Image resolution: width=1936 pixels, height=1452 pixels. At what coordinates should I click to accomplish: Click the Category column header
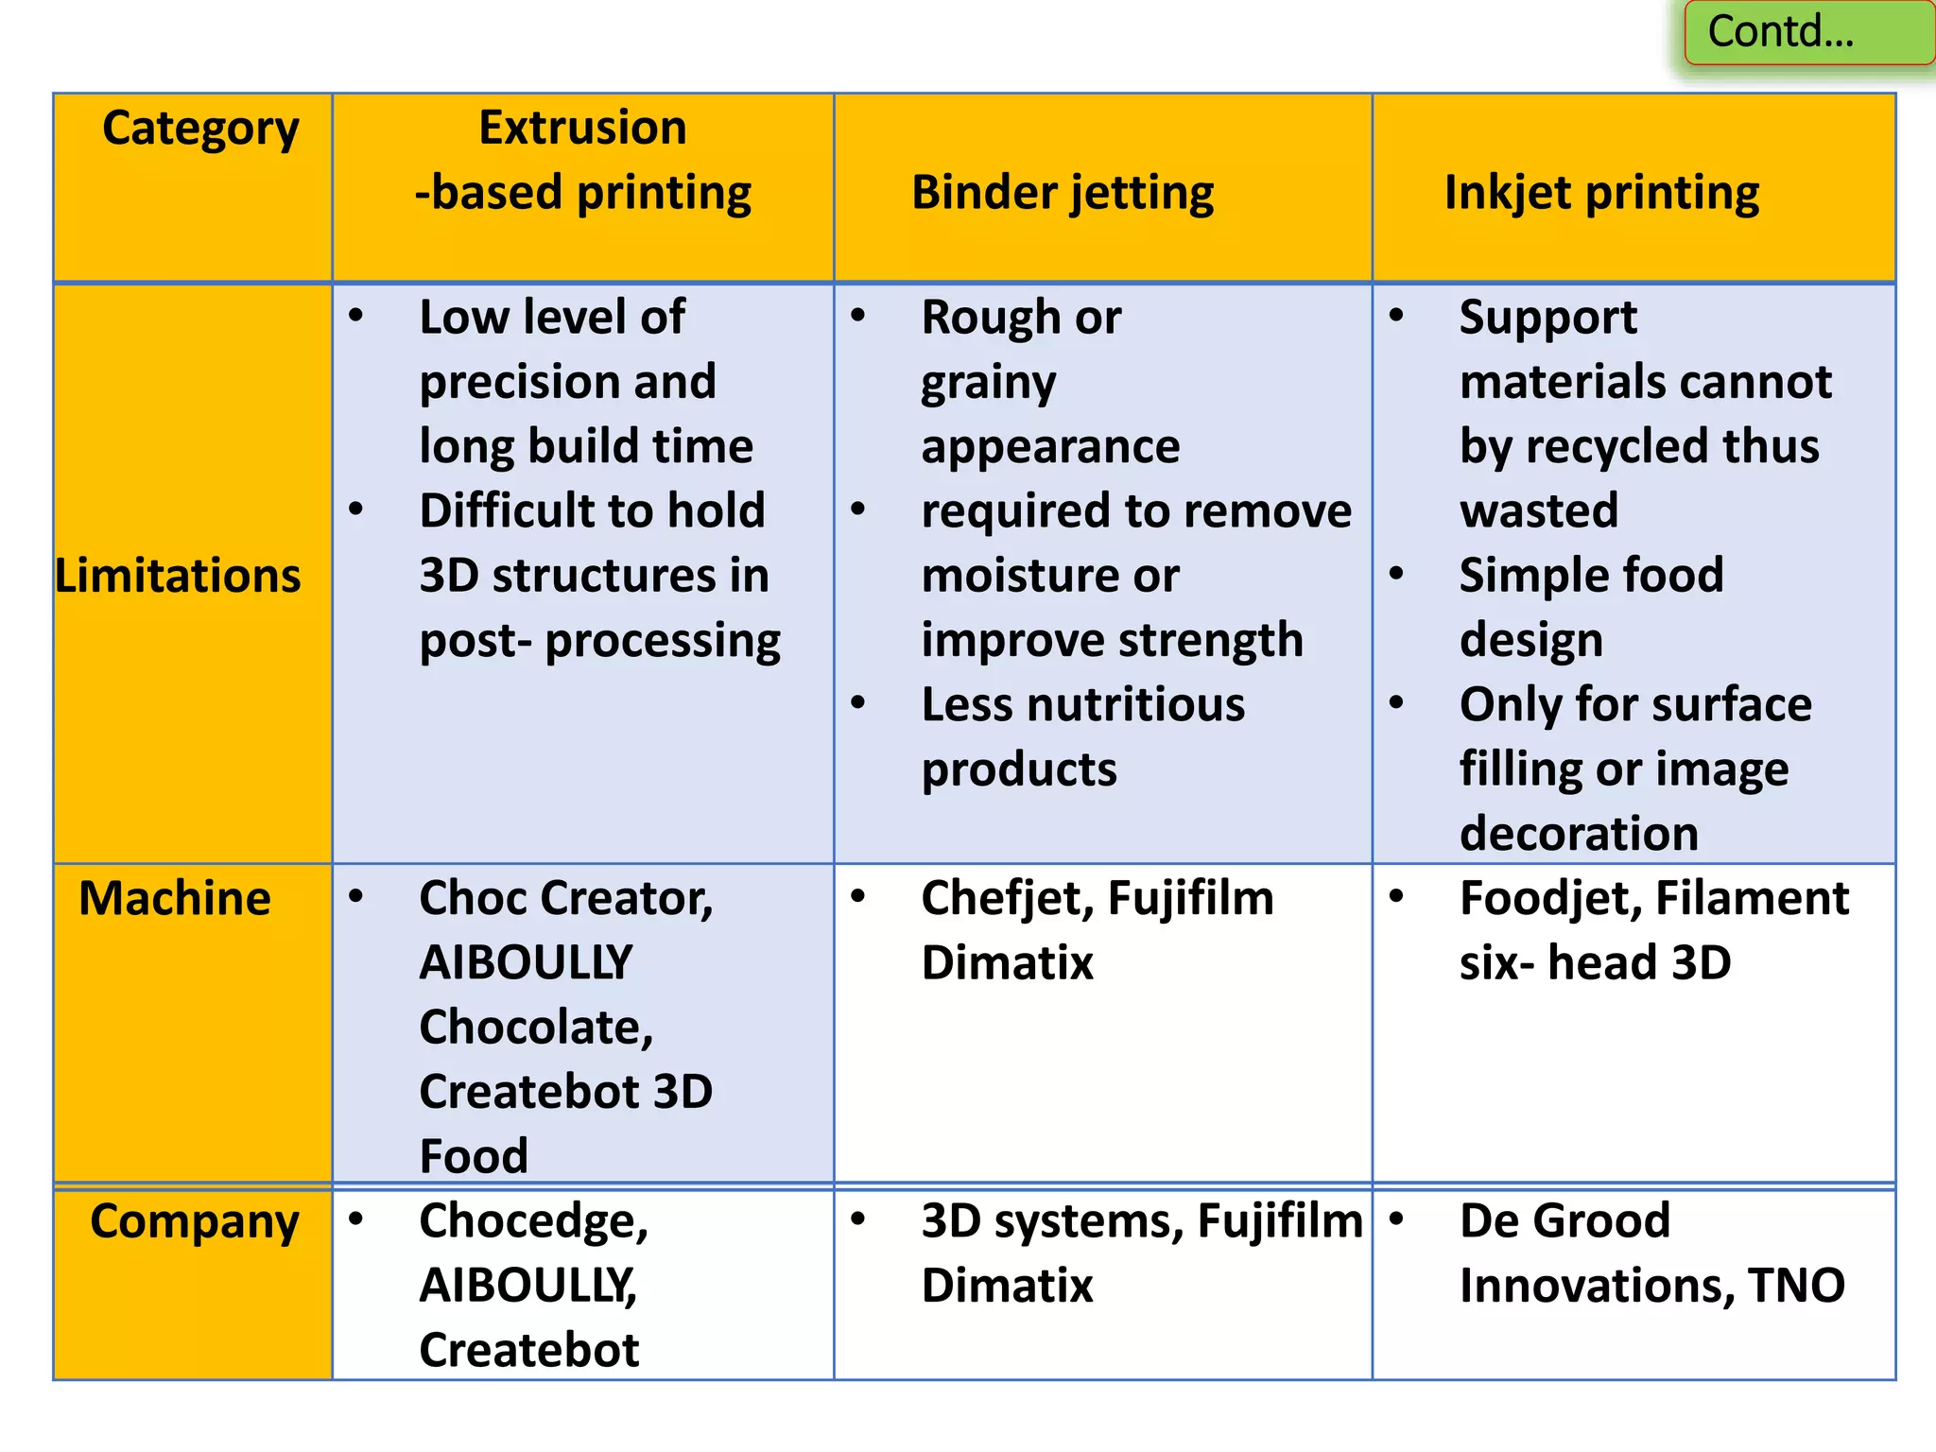[x=200, y=129]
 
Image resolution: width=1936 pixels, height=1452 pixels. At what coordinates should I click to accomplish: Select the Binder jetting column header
[x=1063, y=193]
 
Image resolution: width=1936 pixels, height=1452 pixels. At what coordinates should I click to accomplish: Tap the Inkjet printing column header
[x=1601, y=193]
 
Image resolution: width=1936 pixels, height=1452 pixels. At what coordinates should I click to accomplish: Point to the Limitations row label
[x=178, y=576]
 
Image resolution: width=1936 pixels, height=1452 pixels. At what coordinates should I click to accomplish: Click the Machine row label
[x=175, y=898]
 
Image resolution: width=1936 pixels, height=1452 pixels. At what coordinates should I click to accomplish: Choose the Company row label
[x=195, y=1221]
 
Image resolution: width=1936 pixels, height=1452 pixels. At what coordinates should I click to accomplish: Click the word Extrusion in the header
[x=582, y=128]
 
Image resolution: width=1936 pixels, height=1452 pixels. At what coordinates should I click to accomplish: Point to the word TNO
[x=1796, y=1286]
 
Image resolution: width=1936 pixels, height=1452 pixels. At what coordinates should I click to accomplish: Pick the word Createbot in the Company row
[x=529, y=1350]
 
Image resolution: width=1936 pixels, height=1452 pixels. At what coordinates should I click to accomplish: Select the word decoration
[x=1579, y=834]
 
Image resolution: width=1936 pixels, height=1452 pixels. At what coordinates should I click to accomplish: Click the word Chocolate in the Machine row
[x=536, y=1028]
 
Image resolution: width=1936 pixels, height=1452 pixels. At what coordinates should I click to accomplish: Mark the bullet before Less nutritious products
[x=858, y=703]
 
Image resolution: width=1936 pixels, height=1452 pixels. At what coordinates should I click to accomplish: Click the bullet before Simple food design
[x=1396, y=574]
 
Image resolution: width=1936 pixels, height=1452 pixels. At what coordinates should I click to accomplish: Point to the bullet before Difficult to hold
[x=356, y=510]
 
